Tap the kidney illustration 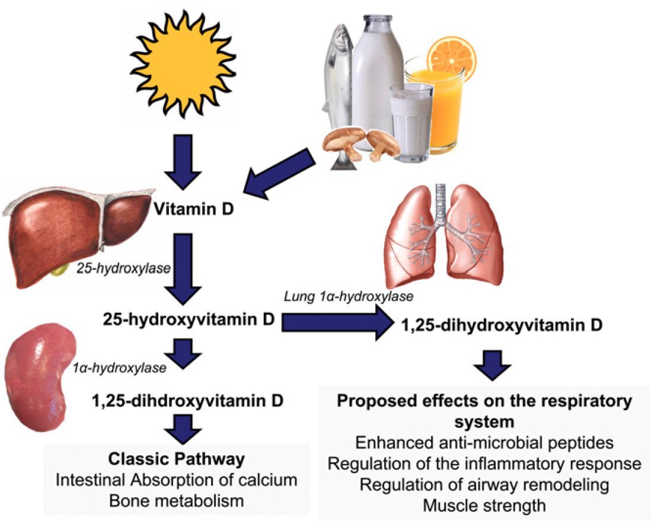(43, 379)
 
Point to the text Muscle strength (484, 506)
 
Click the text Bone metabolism (176, 501)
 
